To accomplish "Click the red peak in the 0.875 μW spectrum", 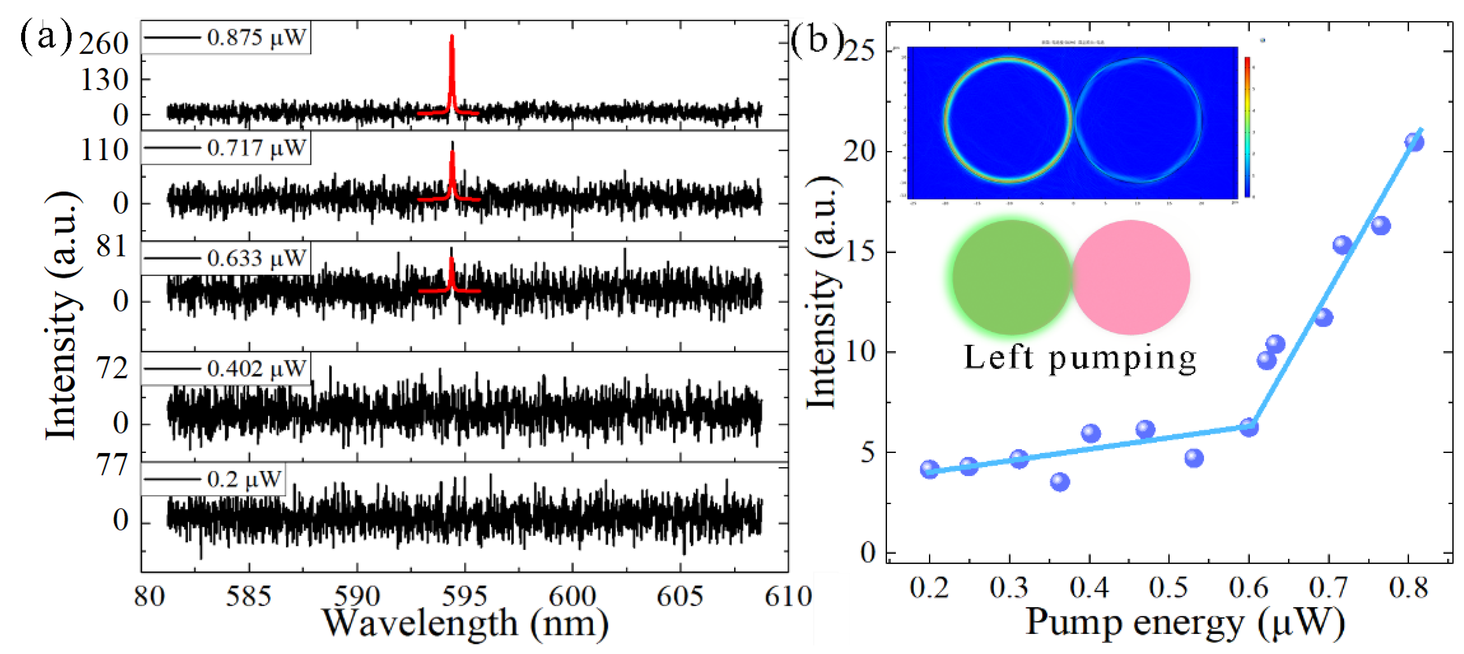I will coord(452,68).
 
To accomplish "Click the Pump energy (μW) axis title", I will coord(1185,622).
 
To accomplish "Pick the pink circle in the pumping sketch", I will coord(1131,277).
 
